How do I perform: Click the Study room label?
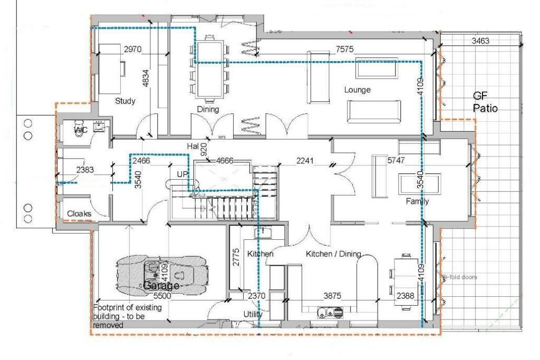coord(125,101)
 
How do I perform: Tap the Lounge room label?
coord(358,90)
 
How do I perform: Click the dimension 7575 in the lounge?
coord(345,49)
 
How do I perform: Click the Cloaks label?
coord(79,214)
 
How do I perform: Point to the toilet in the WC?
coord(79,131)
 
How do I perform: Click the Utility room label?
coord(253,314)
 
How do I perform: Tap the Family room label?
coord(417,201)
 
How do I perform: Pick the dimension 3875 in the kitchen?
coord(333,297)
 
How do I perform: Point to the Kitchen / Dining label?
coord(333,254)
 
